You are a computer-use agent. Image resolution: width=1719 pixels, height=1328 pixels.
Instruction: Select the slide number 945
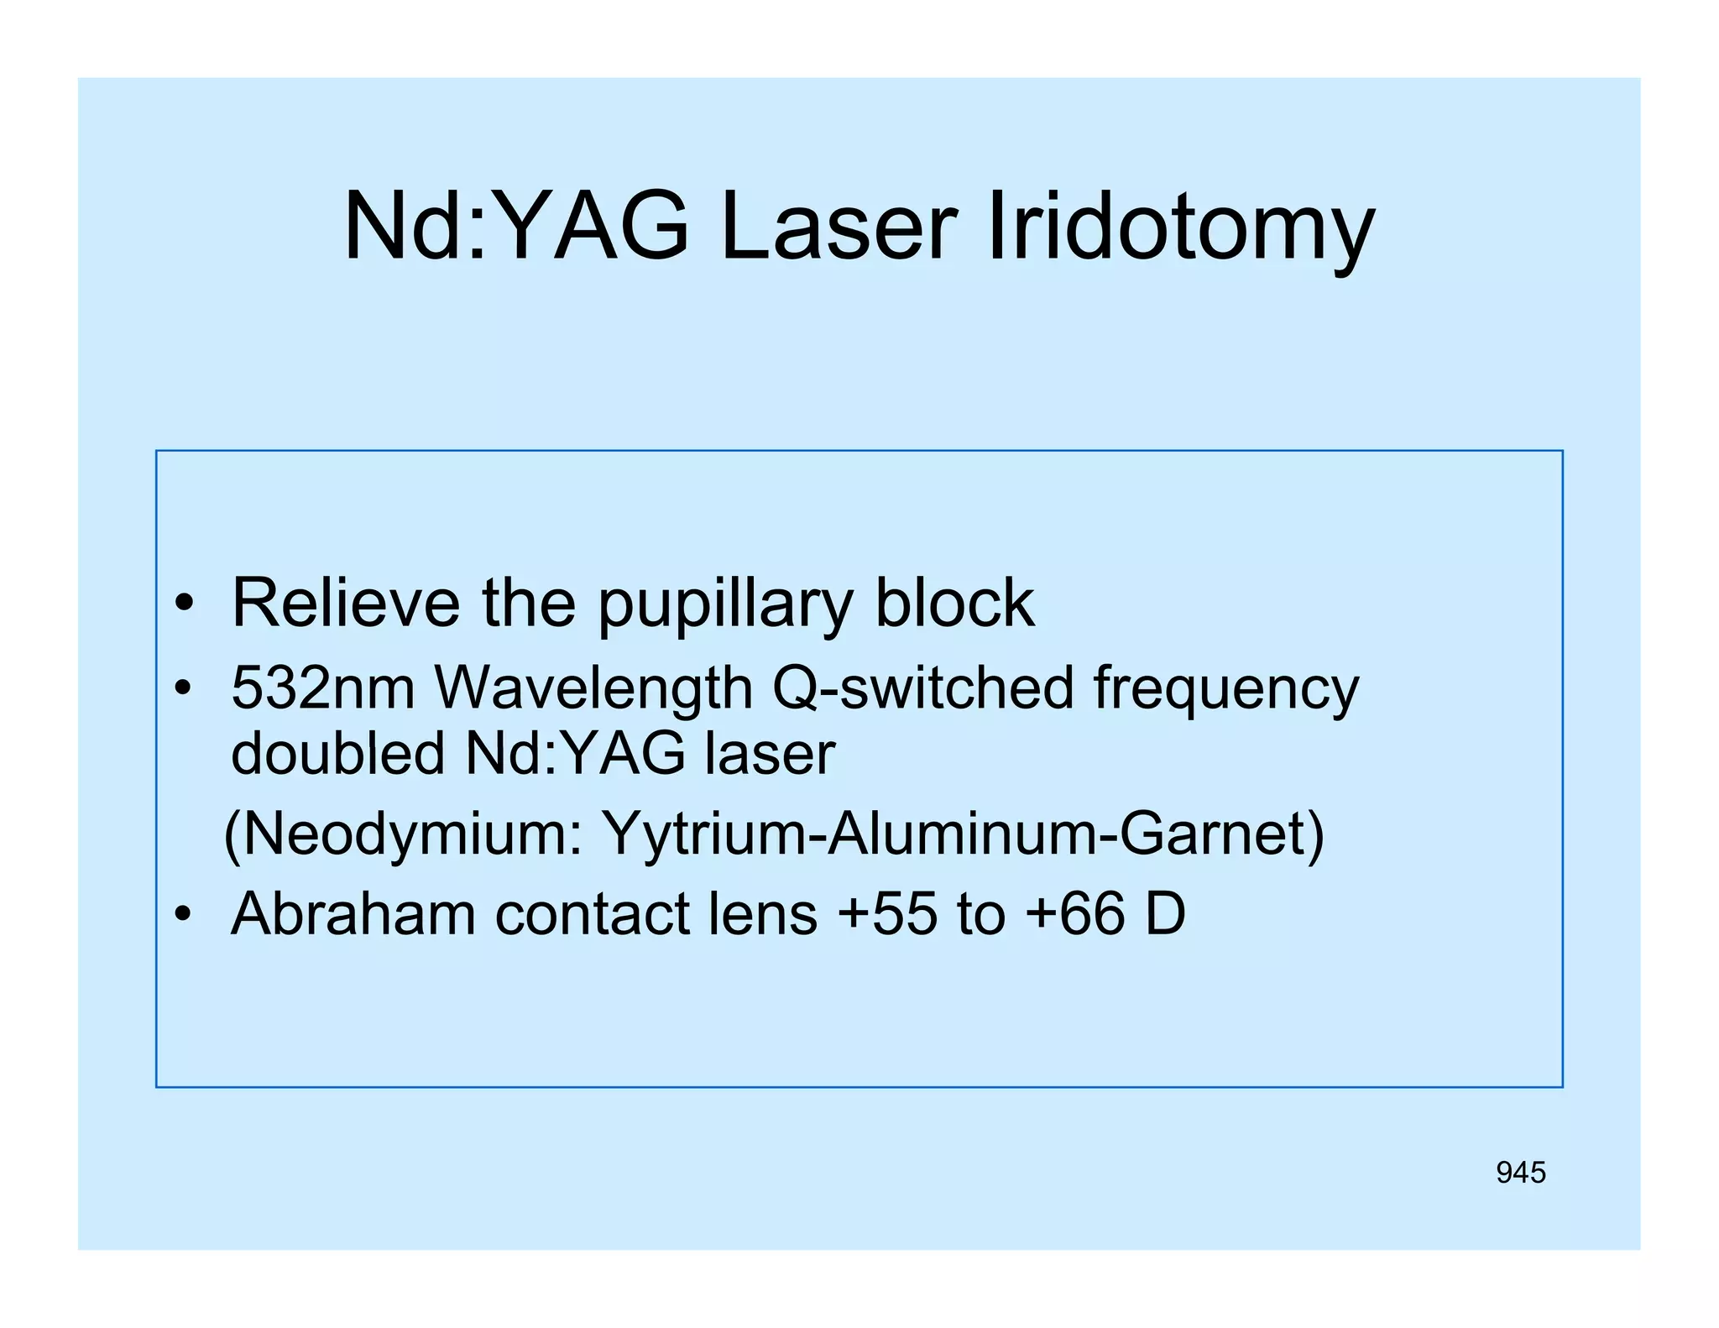click(x=1520, y=1173)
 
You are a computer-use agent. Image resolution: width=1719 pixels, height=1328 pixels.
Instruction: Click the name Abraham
click(x=353, y=913)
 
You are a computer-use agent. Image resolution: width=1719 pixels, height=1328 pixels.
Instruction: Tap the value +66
click(x=1074, y=913)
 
